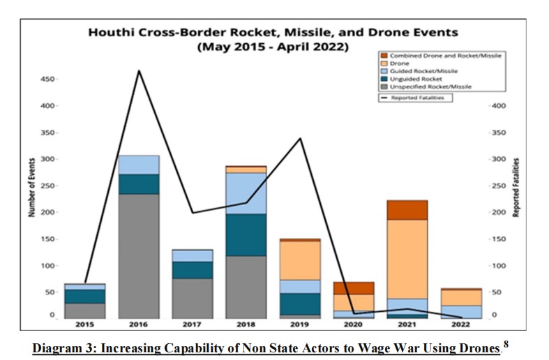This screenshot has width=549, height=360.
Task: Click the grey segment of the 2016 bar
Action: [139, 255]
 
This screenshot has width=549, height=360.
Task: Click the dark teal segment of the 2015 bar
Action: [85, 296]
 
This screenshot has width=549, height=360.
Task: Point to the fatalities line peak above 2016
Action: [139, 70]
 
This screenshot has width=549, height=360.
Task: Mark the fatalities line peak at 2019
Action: [301, 138]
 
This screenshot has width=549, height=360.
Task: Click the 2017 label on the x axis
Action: [193, 325]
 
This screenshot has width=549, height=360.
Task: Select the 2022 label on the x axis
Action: [462, 325]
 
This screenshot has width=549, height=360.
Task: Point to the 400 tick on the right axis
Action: [499, 106]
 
